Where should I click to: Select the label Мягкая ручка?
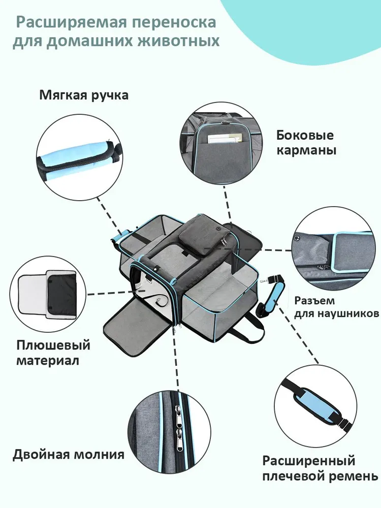pyautogui.click(x=84, y=96)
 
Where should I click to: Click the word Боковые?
pyautogui.click(x=305, y=136)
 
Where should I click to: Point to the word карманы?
pyautogui.click(x=306, y=151)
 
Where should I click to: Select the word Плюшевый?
pyautogui.click(x=53, y=346)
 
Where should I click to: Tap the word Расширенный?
pyautogui.click(x=308, y=461)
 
